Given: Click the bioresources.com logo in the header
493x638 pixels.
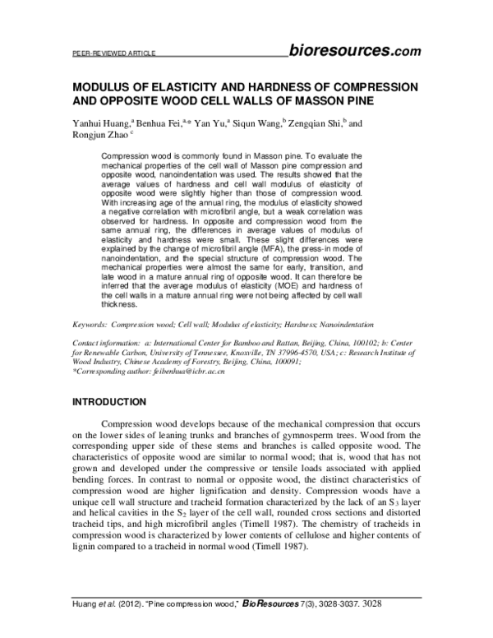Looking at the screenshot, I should pyautogui.click(x=355, y=52).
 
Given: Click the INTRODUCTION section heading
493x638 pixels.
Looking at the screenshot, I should pyautogui.click(x=110, y=402).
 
